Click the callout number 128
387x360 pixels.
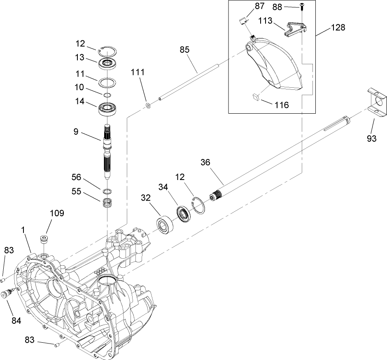(337, 28)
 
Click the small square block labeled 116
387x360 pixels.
(255, 97)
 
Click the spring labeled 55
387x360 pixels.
(107, 203)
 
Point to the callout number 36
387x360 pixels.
(205, 162)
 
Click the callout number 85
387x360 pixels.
(184, 49)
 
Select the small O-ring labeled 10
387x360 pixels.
(107, 95)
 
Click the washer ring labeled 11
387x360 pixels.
(108, 81)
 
